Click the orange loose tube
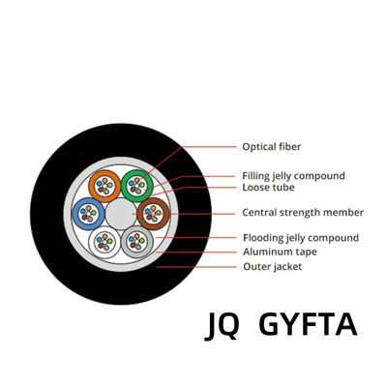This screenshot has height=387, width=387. click(x=104, y=186)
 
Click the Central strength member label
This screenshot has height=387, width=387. click(x=302, y=213)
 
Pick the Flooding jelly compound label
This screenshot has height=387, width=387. click(x=300, y=238)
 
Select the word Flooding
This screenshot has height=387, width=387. click(x=264, y=238)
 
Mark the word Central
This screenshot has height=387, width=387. click(x=259, y=213)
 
